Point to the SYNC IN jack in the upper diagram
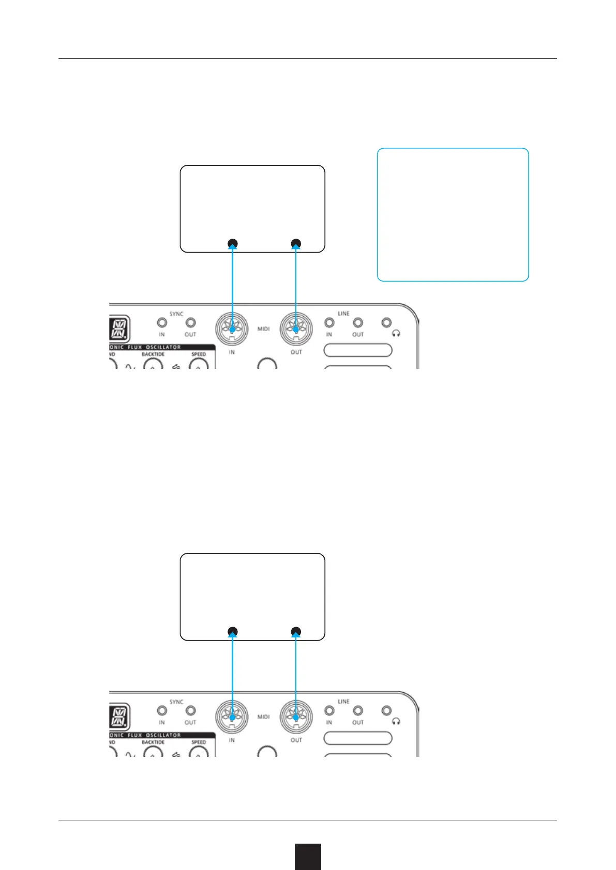[x=162, y=323]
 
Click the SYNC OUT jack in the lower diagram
[x=190, y=711]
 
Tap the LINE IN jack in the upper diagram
[x=329, y=323]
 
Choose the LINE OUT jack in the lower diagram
[x=358, y=711]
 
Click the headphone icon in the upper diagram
[x=396, y=334]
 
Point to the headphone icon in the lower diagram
[x=396, y=722]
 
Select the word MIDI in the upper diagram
[x=264, y=329]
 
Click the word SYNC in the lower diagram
[x=176, y=702]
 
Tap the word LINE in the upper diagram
[x=343, y=314]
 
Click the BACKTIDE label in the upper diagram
[x=153, y=354]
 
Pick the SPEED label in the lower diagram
[x=199, y=742]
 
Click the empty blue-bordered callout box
[x=453, y=214]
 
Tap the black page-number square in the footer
[x=308, y=857]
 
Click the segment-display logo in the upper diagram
[x=119, y=329]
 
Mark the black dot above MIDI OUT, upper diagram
[x=296, y=243]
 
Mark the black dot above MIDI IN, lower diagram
[x=232, y=631]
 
